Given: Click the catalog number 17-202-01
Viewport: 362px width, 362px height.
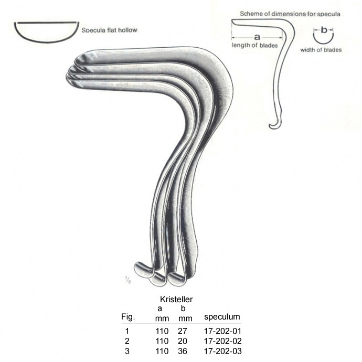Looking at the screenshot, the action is click(x=222, y=331).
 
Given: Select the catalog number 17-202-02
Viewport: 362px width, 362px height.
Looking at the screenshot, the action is click(x=222, y=341).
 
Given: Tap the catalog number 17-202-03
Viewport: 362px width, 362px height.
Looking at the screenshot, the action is click(x=222, y=351).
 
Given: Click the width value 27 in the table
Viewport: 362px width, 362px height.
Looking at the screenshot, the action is click(x=183, y=331).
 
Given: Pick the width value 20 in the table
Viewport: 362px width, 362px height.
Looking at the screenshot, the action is click(x=183, y=341).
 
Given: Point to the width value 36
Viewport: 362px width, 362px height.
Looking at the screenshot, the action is click(x=183, y=351).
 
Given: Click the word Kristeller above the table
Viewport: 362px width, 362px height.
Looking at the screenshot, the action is click(x=176, y=300).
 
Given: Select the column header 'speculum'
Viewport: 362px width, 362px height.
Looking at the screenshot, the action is click(x=222, y=317).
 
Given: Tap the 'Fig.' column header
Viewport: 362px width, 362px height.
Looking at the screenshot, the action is click(x=128, y=317).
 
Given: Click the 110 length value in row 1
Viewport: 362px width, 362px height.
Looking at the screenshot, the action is click(x=162, y=331).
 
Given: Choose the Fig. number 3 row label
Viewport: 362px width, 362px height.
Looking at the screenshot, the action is click(x=127, y=351).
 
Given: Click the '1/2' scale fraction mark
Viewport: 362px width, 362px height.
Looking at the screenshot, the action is click(x=128, y=280).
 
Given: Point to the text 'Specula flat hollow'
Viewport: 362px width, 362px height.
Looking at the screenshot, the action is click(x=110, y=30).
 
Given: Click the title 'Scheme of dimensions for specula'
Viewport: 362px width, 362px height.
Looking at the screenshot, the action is click(x=290, y=14).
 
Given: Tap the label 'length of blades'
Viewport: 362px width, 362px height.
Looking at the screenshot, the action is click(x=254, y=45).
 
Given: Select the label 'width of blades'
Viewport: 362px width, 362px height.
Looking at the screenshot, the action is click(x=321, y=50).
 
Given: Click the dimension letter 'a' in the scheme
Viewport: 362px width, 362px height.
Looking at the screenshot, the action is click(x=257, y=37).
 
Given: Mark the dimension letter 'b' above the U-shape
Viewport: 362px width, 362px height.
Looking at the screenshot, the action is click(x=324, y=30).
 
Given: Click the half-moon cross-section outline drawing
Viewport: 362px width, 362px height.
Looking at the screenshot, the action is click(x=47, y=33).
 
